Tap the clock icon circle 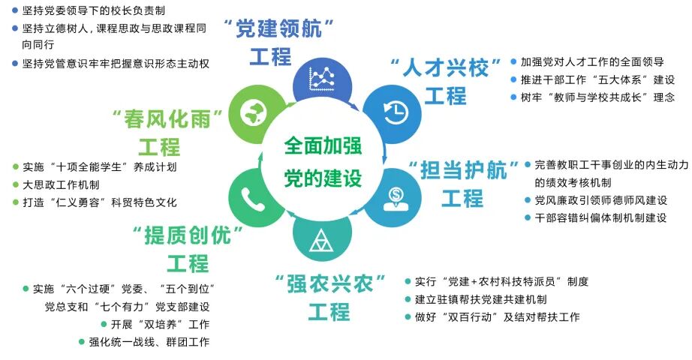395,110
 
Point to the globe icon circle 251,112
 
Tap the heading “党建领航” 279,29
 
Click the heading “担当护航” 462,168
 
